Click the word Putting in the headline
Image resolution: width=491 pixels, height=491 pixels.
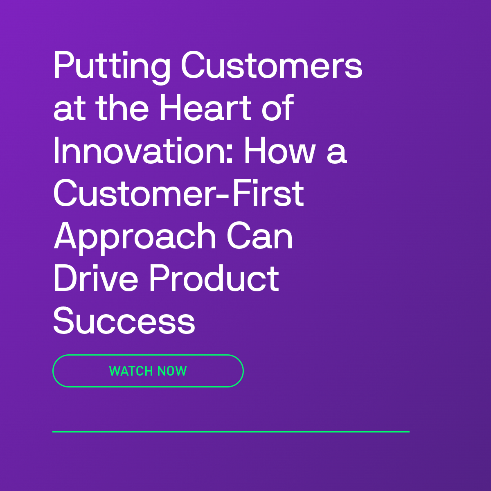pos(112,67)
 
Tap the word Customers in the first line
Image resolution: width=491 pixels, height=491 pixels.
pos(272,65)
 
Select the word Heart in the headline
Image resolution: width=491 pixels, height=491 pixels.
pos(207,107)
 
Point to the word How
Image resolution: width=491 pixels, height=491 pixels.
pos(280,150)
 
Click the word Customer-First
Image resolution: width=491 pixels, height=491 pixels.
pos(178,193)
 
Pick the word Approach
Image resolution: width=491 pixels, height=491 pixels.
pos(135,238)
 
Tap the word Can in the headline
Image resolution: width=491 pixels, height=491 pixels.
pos(259,235)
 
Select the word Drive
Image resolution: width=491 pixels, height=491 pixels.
pos(96,278)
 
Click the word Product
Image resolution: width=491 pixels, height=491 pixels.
pos(214,278)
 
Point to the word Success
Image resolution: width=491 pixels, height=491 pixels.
pos(124,320)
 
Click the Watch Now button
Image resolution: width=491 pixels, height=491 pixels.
pos(148,371)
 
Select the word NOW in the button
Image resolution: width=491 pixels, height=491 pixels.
pos(172,371)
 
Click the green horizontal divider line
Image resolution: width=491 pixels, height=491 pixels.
pos(231,432)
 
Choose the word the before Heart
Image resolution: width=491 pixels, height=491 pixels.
pos(122,107)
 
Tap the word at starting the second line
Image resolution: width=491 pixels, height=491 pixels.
pos(69,109)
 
